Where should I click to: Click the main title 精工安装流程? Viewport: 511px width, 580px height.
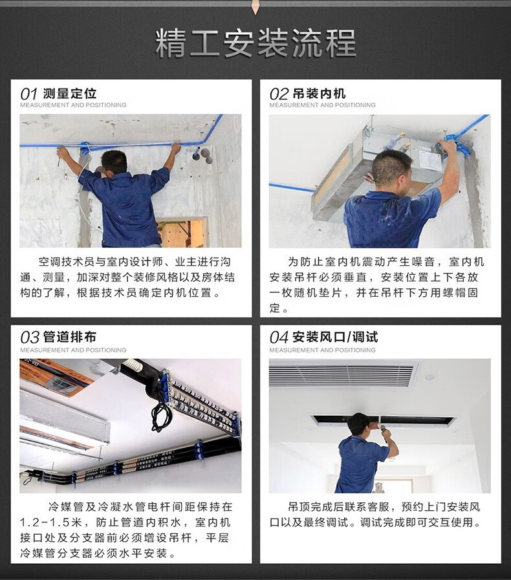pos(255,43)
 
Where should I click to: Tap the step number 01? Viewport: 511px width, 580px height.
pos(29,94)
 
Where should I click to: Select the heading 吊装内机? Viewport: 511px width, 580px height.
pos(320,94)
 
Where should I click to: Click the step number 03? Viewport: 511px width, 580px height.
pos(30,338)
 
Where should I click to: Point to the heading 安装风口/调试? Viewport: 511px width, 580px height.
pos(335,337)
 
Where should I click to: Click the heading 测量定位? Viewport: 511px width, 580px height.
pos(70,94)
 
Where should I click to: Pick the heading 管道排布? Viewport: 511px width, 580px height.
pos(70,337)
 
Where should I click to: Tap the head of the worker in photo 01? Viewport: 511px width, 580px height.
pos(114,163)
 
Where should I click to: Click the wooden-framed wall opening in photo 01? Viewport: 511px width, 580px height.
pos(182,232)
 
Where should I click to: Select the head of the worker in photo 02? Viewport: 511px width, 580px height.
pos(391,168)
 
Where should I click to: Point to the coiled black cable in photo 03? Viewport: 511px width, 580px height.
pos(160,416)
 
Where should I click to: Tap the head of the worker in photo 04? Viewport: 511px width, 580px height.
pos(359,425)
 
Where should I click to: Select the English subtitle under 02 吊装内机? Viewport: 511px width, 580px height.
pos(322,105)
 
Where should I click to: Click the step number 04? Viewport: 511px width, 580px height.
pos(279,338)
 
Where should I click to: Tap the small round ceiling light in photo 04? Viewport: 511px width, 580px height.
pos(429,378)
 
